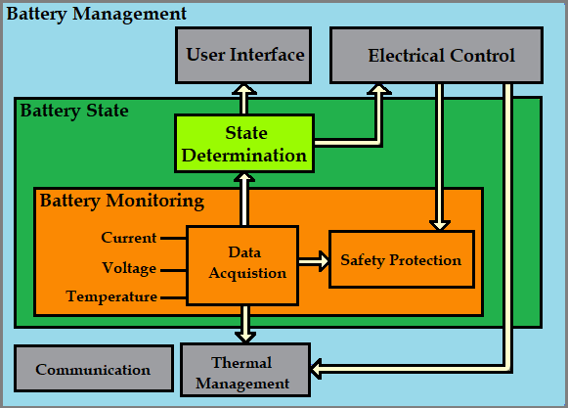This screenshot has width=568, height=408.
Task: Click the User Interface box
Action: pyautogui.click(x=244, y=55)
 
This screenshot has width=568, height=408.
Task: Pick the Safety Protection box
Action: pyautogui.click(x=401, y=260)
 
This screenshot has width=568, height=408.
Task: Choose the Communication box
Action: pyautogui.click(x=93, y=370)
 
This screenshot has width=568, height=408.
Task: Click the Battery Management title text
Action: pyautogui.click(x=97, y=14)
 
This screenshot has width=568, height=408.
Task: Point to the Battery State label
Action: pyautogui.click(x=74, y=111)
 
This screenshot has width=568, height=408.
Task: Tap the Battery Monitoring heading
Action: pyautogui.click(x=122, y=201)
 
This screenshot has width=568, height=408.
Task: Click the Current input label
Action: pyautogui.click(x=128, y=238)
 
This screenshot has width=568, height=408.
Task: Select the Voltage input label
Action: pyautogui.click(x=129, y=267)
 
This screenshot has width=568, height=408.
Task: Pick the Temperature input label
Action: pyautogui.click(x=111, y=295)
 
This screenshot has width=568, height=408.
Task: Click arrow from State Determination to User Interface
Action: pyautogui.click(x=244, y=99)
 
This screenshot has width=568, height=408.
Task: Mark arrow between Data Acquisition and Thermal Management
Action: pyautogui.click(x=244, y=322)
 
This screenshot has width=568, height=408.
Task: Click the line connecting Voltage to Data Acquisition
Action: pyautogui.click(x=173, y=267)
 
